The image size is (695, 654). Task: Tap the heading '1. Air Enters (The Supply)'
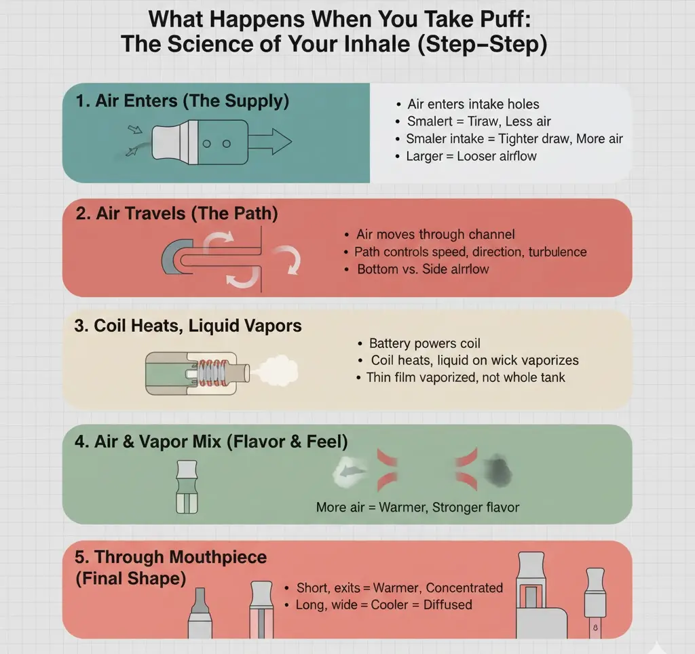pos(183,102)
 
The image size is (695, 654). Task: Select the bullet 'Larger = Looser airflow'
pos(471,157)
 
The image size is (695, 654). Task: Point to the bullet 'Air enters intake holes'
pos(473,104)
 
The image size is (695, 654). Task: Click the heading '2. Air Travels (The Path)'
pos(177,214)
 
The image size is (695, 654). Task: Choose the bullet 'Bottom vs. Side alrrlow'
pos(423,269)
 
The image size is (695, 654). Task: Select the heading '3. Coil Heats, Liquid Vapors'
pos(188,326)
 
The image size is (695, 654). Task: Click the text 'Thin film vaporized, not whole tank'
pos(465,377)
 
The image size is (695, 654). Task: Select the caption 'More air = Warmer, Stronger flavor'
pos(417,507)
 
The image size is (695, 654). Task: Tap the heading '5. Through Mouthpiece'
pos(171,558)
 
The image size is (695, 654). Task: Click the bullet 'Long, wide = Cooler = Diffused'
pos(383,604)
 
